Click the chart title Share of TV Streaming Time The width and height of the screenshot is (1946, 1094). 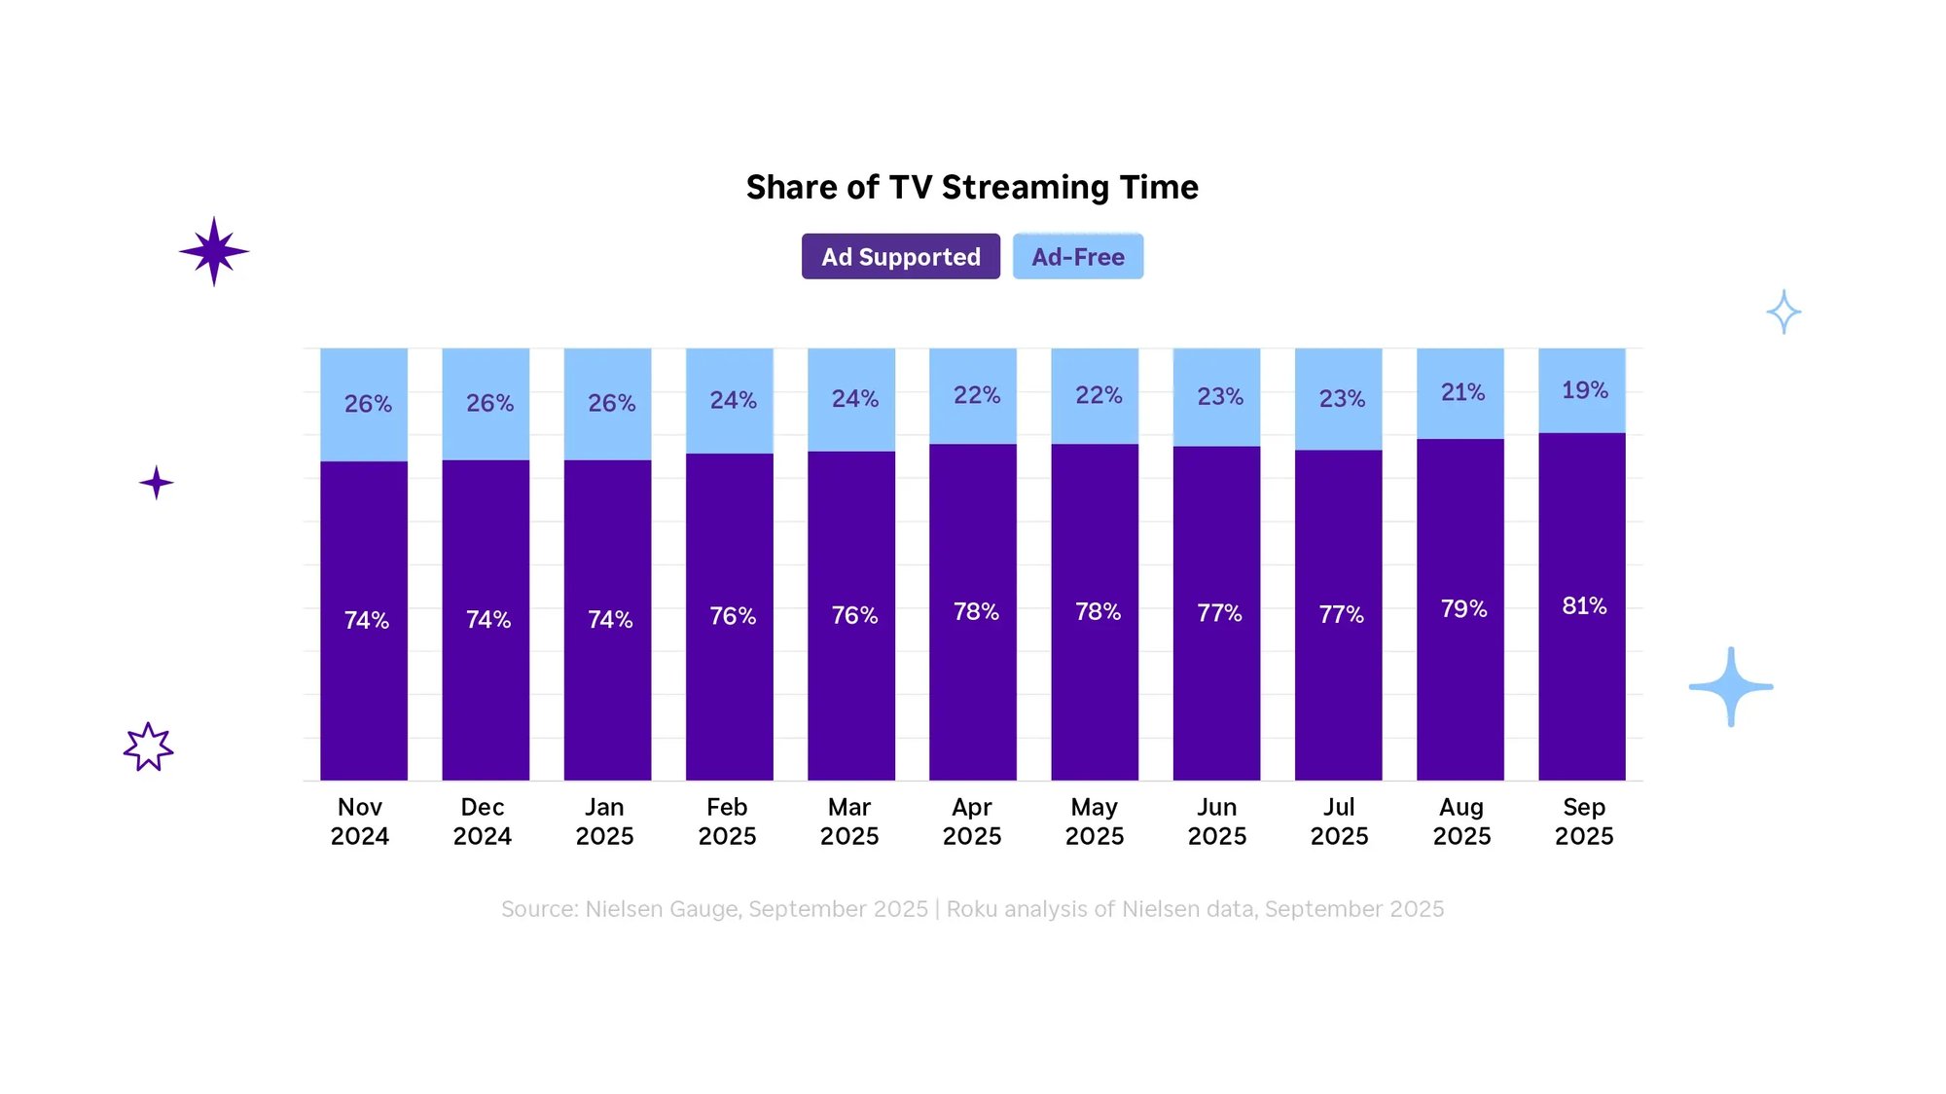tap(972, 187)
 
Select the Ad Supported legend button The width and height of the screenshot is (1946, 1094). tap(900, 257)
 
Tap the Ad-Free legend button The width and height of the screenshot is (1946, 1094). tap(1077, 257)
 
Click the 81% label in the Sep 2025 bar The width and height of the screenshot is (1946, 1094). tap(1584, 606)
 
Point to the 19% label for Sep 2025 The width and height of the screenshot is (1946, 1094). tap(1584, 390)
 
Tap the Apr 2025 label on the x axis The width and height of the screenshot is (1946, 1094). tap(972, 821)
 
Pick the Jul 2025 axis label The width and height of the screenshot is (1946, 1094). tap(1339, 821)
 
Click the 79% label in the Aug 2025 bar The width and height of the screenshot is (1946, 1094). tap(1462, 609)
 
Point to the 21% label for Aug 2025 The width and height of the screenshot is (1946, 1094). tap(1462, 392)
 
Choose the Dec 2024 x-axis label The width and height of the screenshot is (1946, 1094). tap(483, 821)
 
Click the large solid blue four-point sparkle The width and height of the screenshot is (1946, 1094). tap(1731, 687)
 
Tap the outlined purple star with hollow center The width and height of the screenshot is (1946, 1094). tap(148, 748)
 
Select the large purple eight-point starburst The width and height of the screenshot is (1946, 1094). tap(214, 251)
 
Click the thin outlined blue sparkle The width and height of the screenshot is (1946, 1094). tap(1784, 312)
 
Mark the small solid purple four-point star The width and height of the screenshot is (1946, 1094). tap(156, 483)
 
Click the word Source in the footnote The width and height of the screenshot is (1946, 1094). tap(538, 909)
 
